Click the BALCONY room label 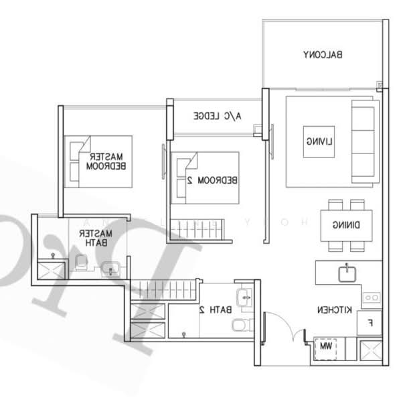point(323,55)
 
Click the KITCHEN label point(335,310)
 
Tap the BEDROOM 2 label point(212,180)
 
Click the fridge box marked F point(368,322)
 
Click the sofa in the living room point(365,141)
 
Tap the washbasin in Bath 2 point(244,295)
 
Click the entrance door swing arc point(285,324)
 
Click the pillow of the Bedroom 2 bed point(181,178)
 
